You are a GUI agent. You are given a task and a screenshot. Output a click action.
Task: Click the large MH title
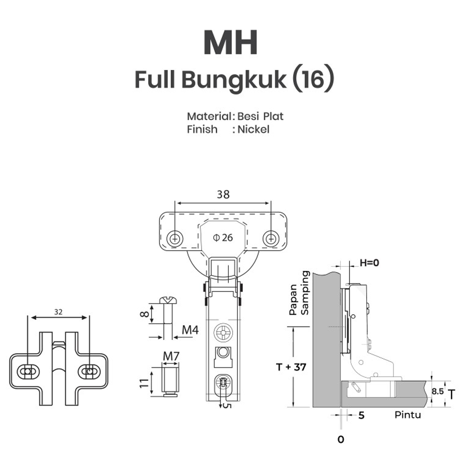(230, 43)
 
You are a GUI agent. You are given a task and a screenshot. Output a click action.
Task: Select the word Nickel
(253, 129)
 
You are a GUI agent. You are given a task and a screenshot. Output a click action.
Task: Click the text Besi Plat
(260, 116)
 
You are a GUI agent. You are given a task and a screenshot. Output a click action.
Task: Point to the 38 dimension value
(223, 195)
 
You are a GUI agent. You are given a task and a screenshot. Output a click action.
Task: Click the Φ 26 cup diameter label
(223, 237)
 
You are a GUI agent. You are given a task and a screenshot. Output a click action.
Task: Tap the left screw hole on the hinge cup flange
(175, 238)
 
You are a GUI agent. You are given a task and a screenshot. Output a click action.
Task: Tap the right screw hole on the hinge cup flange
(271, 238)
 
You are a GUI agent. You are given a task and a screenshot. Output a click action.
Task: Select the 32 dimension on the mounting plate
(58, 311)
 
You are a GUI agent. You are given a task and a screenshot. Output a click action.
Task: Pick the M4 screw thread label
(190, 330)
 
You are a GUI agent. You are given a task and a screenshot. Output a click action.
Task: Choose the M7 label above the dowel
(171, 356)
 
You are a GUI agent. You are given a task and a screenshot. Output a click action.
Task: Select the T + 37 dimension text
(291, 367)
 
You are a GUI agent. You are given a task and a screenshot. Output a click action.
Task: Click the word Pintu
(408, 415)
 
